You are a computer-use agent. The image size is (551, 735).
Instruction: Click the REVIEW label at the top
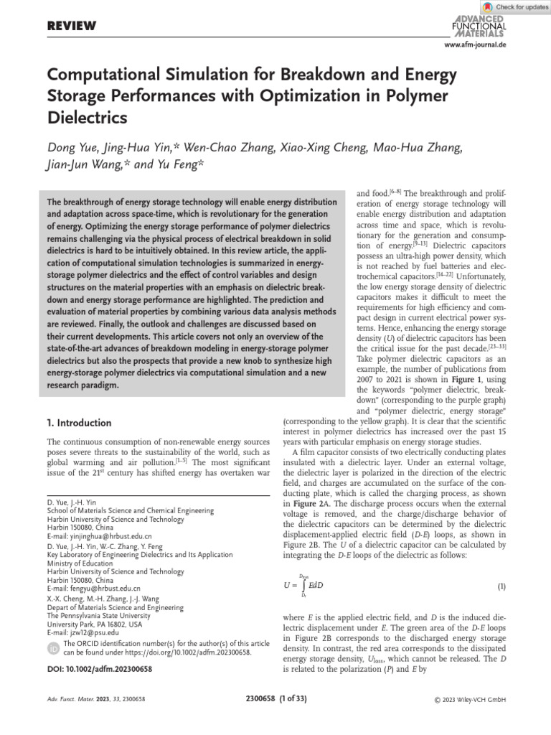(x=71, y=27)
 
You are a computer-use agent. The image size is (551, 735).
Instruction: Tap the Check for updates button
(x=517, y=6)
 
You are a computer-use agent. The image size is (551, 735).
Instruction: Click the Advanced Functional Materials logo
(x=479, y=27)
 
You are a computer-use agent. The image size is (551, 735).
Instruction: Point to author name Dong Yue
(x=75, y=149)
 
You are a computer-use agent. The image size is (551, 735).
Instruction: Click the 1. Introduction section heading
(x=79, y=423)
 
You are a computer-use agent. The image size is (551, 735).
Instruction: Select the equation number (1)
(x=501, y=586)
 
